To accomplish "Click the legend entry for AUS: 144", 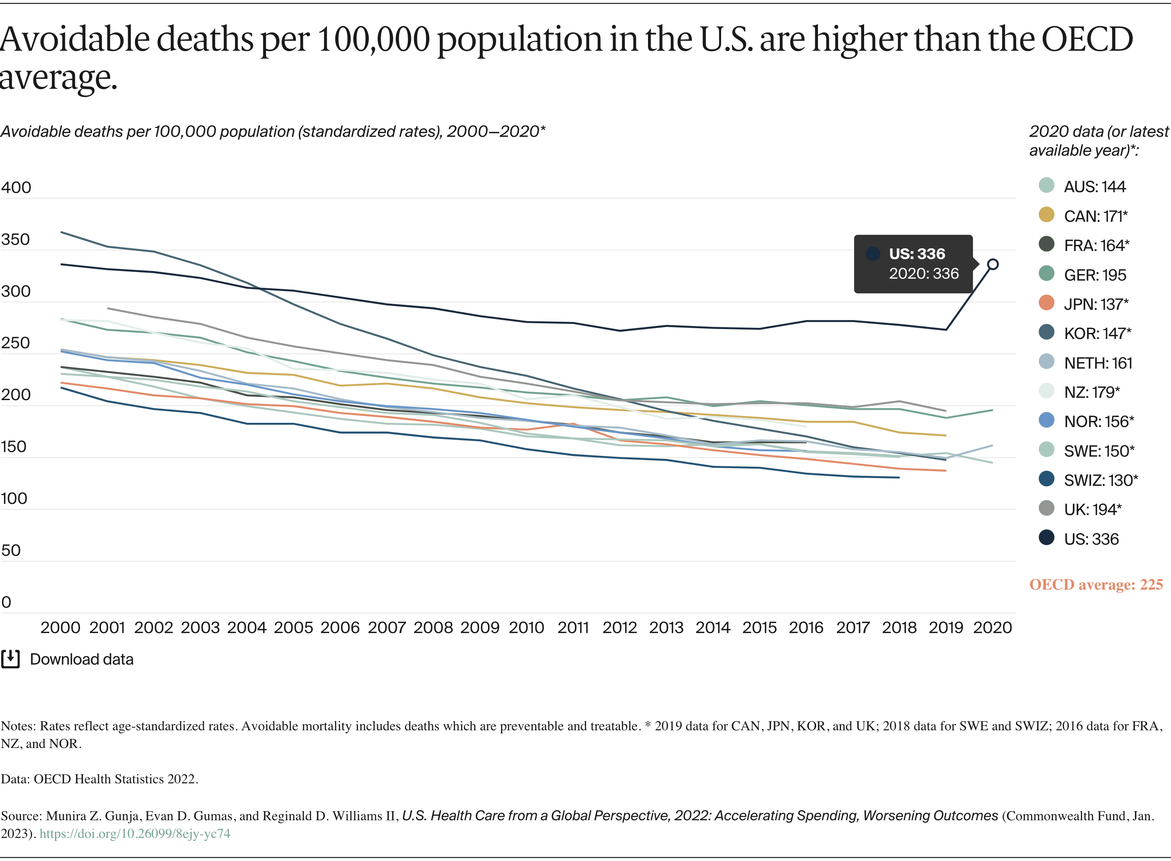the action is point(1082,186).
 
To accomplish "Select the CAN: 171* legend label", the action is point(1083,216).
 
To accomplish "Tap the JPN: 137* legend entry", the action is point(1083,304).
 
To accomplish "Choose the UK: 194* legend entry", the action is point(1080,509).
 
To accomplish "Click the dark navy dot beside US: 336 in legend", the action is point(1046,538).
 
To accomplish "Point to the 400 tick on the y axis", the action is point(16,187).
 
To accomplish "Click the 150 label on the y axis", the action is point(13,447).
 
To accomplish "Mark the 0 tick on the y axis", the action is point(6,602).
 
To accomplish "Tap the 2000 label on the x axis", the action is point(60,628).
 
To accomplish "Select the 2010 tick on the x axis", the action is point(526,628).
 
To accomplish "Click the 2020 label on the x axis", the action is point(993,628).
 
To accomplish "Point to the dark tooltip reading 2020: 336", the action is point(913,264).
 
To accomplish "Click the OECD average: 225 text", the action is point(1096,585).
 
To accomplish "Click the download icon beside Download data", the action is point(10,659).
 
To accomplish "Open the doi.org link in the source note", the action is point(135,834).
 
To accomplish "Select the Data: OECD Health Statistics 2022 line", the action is point(100,779).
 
